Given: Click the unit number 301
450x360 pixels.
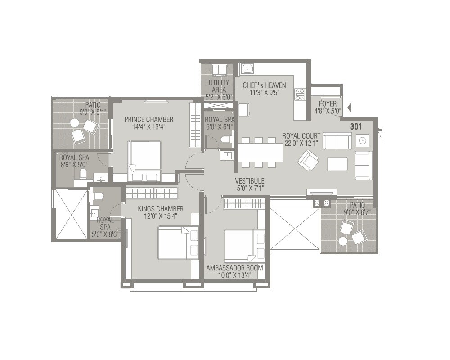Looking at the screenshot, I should [355, 127].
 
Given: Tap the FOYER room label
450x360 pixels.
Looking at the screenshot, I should [328, 104].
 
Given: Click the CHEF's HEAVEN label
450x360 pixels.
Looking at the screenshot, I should [264, 85].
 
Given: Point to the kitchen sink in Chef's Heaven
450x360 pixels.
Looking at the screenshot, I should [247, 69].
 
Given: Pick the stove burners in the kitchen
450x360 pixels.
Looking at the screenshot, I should [300, 94].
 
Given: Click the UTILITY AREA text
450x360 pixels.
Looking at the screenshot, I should [219, 86].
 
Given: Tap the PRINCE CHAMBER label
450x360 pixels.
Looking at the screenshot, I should [148, 119].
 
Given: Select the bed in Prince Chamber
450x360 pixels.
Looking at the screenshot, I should [144, 161].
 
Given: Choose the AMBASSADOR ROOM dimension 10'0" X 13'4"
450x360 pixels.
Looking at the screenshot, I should [234, 275].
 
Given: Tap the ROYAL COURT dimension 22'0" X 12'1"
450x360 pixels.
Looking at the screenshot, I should [301, 143].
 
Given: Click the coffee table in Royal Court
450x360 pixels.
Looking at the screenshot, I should [337, 164].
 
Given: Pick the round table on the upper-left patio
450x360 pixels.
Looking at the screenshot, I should [74, 123].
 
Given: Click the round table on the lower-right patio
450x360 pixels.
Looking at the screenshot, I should [343, 241].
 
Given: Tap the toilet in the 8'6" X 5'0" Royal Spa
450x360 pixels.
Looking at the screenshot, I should [83, 173].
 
